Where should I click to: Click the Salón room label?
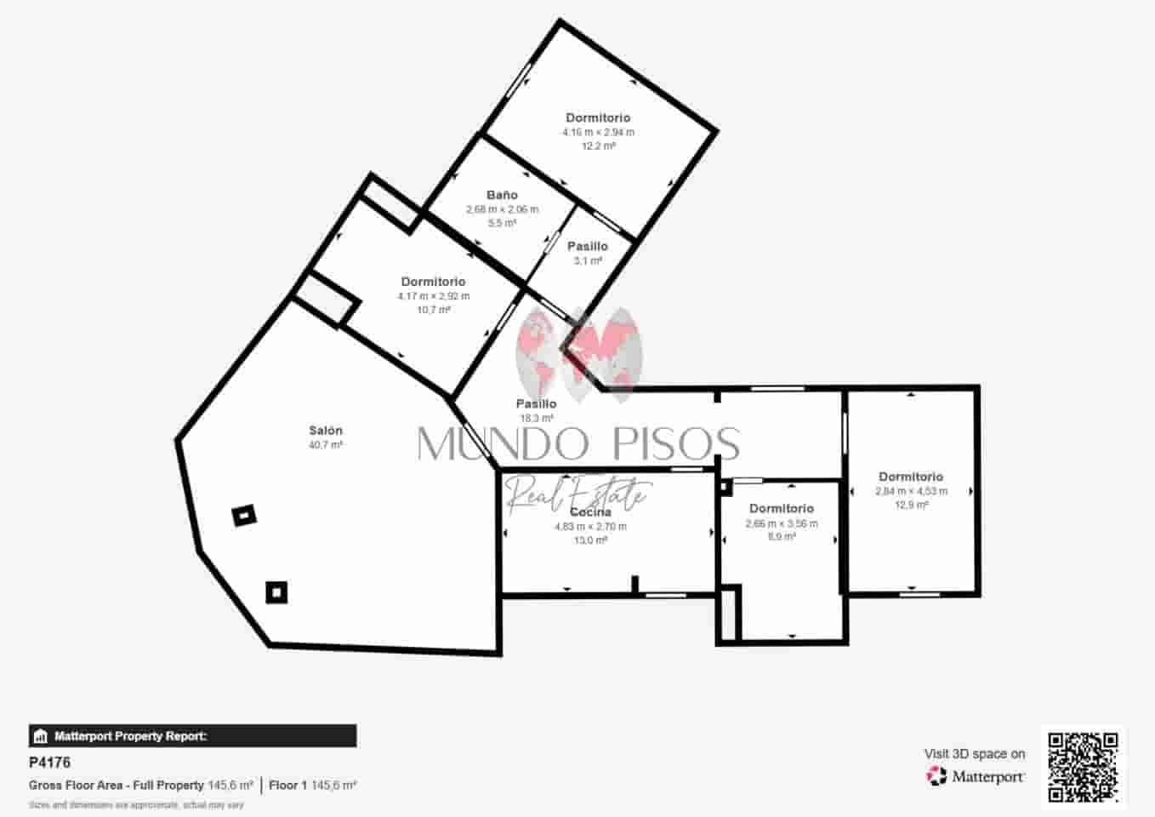tap(326, 431)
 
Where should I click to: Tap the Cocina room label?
tap(590, 512)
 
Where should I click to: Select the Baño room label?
tap(502, 195)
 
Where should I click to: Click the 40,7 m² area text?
tap(326, 445)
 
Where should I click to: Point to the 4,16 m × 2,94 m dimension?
tap(598, 132)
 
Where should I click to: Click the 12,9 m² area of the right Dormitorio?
tap(911, 505)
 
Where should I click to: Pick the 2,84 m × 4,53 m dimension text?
tap(911, 491)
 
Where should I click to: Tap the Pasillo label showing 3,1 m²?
tap(588, 246)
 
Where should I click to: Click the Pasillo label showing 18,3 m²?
tap(536, 403)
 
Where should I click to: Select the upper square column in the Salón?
tap(244, 515)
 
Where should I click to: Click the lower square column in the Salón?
tap(276, 591)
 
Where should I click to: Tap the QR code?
tap(1083, 767)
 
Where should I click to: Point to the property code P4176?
tap(49, 763)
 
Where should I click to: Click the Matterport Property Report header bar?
tap(193, 736)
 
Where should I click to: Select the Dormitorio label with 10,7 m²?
tap(433, 282)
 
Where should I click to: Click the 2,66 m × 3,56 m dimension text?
tap(782, 523)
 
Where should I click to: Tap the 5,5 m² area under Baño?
tap(502, 223)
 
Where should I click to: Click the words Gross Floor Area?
tap(117, 786)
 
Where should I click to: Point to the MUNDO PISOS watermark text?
tap(578, 443)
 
